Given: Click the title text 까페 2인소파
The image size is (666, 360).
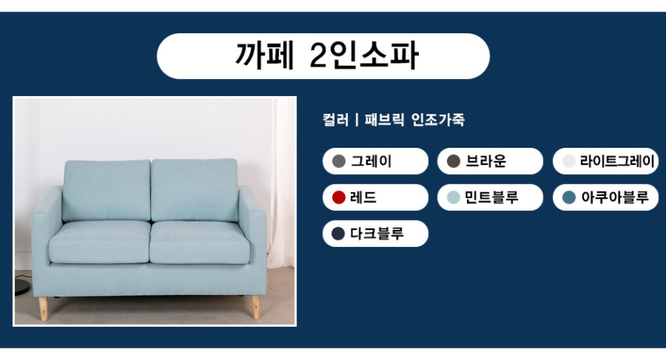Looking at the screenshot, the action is coord(327,56).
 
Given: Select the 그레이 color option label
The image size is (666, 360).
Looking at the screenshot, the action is coord(371,161).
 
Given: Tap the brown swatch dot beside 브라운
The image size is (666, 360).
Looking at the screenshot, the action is coord(454,161).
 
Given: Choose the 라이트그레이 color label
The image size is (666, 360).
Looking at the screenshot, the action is coord(617,161).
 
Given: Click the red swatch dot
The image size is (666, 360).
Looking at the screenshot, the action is coord(338,197).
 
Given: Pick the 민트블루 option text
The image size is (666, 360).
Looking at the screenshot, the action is coord(492,197).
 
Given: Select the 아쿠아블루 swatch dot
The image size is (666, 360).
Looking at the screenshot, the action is coord(568,197).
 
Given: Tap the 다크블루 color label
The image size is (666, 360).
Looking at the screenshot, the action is coord(376,234).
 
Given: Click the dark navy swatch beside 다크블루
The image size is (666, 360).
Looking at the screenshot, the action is coord(338,234).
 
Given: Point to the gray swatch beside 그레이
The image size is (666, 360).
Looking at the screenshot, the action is coord(338,161).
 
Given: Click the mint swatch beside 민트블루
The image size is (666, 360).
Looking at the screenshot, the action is coord(454,197).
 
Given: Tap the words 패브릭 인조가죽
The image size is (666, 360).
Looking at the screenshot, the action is coord(414,120).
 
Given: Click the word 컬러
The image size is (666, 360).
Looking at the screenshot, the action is coord(335,120).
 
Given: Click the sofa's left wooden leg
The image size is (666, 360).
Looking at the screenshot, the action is coord(43,309).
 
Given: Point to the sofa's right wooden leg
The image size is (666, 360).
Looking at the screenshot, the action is coord(256,307).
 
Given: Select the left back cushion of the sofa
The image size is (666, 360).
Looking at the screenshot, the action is coord(106,190).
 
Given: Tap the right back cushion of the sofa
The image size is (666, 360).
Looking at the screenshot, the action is coord(194,190).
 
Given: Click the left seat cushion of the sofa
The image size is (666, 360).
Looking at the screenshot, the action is coord(99,242).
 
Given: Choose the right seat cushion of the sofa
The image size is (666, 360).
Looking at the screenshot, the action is coord(200,242).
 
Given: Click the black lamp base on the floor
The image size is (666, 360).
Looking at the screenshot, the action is coord(22,286).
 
